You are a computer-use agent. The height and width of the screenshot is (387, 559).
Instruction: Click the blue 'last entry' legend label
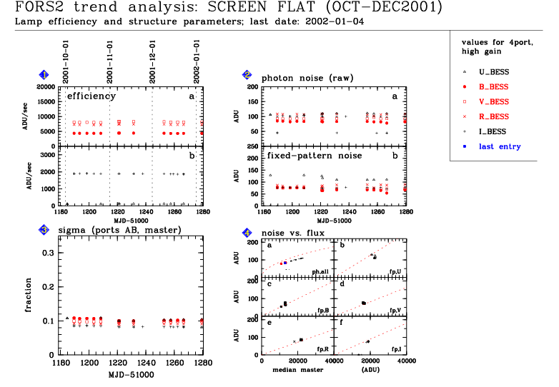point(500,147)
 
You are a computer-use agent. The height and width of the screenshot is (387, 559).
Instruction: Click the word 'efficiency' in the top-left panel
point(91,96)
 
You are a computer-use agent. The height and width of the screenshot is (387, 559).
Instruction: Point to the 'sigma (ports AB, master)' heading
point(119,229)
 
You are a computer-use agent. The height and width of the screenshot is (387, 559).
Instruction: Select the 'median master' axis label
point(296,370)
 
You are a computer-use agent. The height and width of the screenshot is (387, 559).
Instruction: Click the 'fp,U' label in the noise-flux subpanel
point(395,271)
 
